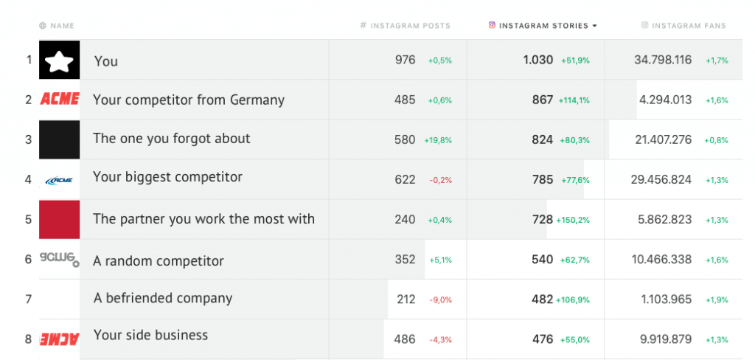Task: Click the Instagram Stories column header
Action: coord(543,26)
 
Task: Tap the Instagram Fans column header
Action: coord(688,26)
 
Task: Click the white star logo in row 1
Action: coord(59,60)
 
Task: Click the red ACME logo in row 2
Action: coord(60,100)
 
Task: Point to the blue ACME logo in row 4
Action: coord(59,180)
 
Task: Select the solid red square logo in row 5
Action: coord(59,219)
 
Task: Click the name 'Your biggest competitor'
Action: coord(167,177)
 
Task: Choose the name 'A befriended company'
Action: coord(163,298)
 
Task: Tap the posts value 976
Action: coord(406,60)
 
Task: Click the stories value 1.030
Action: coord(538,60)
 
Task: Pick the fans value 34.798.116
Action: coord(663,60)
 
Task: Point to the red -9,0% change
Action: coord(440,300)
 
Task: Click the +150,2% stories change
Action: coord(573,220)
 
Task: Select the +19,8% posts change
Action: coord(438,140)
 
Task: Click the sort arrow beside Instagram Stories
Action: coord(594,26)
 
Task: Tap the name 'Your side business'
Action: coord(150,335)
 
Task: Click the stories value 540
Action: coord(542,259)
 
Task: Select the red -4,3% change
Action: coord(440,339)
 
